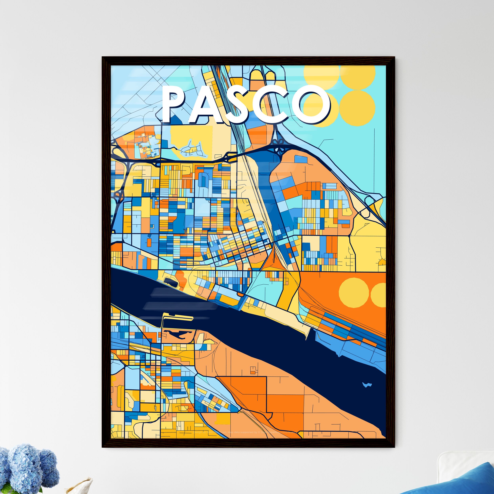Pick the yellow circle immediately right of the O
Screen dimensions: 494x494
coord(357,108)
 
